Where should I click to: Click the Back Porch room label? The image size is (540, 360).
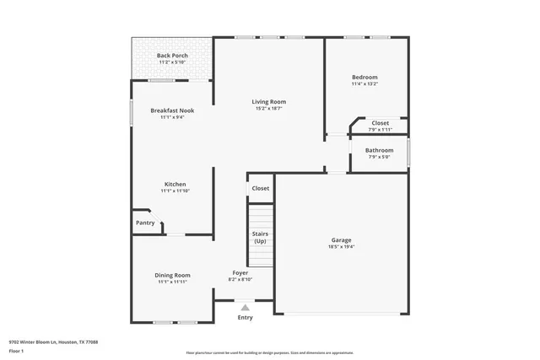tap(172, 56)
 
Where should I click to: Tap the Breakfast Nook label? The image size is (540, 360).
tap(172, 110)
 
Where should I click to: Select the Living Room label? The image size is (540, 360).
tap(268, 101)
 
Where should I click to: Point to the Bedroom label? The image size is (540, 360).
tap(364, 77)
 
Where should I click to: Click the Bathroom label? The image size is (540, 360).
tap(379, 150)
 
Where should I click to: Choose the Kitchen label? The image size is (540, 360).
tap(175, 184)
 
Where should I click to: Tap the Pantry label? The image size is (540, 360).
tap(145, 223)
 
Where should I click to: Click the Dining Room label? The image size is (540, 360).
tap(172, 275)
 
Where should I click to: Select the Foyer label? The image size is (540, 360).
tap(240, 272)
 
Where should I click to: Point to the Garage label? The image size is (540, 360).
tap(341, 239)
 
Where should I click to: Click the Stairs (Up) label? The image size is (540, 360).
tap(260, 237)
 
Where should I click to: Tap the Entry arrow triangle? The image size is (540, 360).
tap(246, 308)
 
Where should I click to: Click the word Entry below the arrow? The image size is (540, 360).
tap(246, 318)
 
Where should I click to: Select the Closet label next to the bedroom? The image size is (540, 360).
tap(381, 123)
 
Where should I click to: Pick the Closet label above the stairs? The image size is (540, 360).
tap(260, 188)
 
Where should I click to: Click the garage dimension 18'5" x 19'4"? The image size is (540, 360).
tap(341, 247)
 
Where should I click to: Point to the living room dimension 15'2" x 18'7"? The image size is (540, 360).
tap(268, 108)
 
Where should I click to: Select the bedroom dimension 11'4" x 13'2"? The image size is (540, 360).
tap(364, 83)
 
